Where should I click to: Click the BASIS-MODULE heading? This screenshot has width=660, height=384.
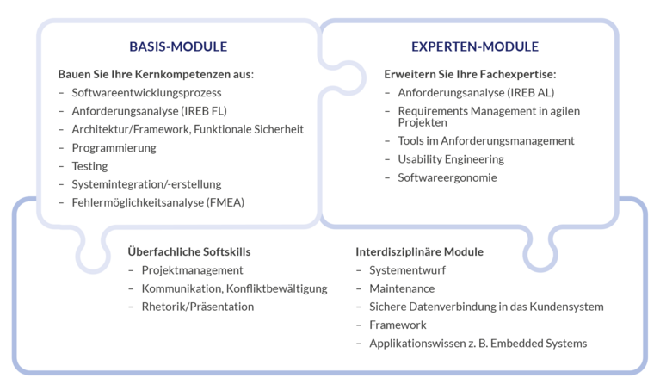click(178, 46)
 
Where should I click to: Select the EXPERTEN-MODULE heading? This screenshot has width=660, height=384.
click(475, 46)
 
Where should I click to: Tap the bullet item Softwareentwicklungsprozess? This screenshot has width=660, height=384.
click(146, 93)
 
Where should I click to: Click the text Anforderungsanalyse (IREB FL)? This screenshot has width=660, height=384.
click(150, 111)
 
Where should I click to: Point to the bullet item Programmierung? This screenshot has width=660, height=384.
click(114, 148)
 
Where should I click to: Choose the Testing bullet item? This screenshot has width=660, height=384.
click(89, 166)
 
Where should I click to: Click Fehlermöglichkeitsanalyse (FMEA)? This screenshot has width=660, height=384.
click(157, 202)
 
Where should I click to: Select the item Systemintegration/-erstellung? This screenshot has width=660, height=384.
click(146, 184)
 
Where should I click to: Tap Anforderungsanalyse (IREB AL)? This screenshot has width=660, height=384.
click(476, 93)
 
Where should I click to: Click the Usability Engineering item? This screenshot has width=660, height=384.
click(451, 159)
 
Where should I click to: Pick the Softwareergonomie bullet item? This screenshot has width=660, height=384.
click(447, 177)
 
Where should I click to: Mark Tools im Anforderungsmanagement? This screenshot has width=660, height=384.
click(486, 140)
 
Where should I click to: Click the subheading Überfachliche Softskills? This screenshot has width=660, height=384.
click(189, 251)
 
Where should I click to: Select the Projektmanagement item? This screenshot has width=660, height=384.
click(193, 270)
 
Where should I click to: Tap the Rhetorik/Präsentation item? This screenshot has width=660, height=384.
click(198, 307)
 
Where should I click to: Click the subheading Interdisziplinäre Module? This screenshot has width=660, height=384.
click(419, 251)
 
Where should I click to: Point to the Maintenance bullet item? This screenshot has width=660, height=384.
click(402, 288)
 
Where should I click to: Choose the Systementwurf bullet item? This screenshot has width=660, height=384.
click(408, 270)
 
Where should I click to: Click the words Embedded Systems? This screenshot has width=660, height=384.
click(539, 344)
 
